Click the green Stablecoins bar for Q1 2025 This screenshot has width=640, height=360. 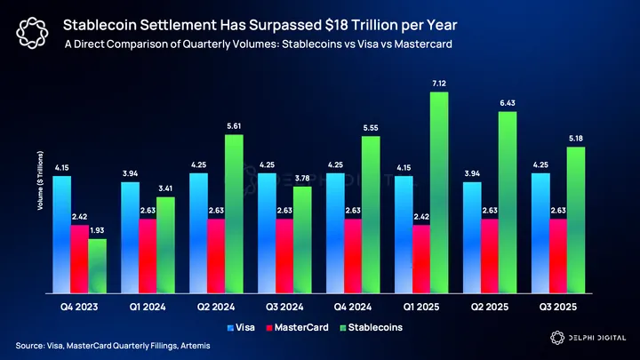(438, 192)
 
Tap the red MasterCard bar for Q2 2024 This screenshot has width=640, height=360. (216, 256)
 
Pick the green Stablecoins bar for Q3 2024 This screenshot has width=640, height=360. (302, 240)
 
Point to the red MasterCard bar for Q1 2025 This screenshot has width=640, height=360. (421, 259)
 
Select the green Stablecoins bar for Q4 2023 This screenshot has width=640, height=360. (97, 266)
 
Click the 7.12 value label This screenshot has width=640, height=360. (438, 84)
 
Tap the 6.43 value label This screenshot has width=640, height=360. (507, 103)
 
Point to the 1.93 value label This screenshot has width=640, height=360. (97, 230)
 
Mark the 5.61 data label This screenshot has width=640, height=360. (234, 126)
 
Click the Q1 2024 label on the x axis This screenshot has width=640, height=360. (148, 306)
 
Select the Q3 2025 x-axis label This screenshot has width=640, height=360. (557, 306)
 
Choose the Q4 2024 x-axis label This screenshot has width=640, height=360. (353, 306)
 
